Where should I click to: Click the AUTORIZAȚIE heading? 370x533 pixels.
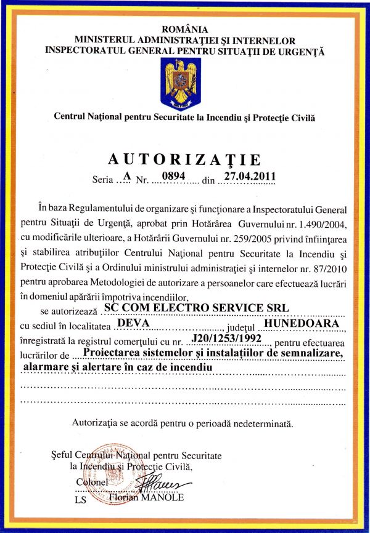click(184, 160)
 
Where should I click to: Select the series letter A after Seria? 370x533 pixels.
click(127, 175)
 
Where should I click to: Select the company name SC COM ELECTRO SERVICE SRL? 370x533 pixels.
click(197, 307)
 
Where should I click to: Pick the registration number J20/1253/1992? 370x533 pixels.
click(224, 337)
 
